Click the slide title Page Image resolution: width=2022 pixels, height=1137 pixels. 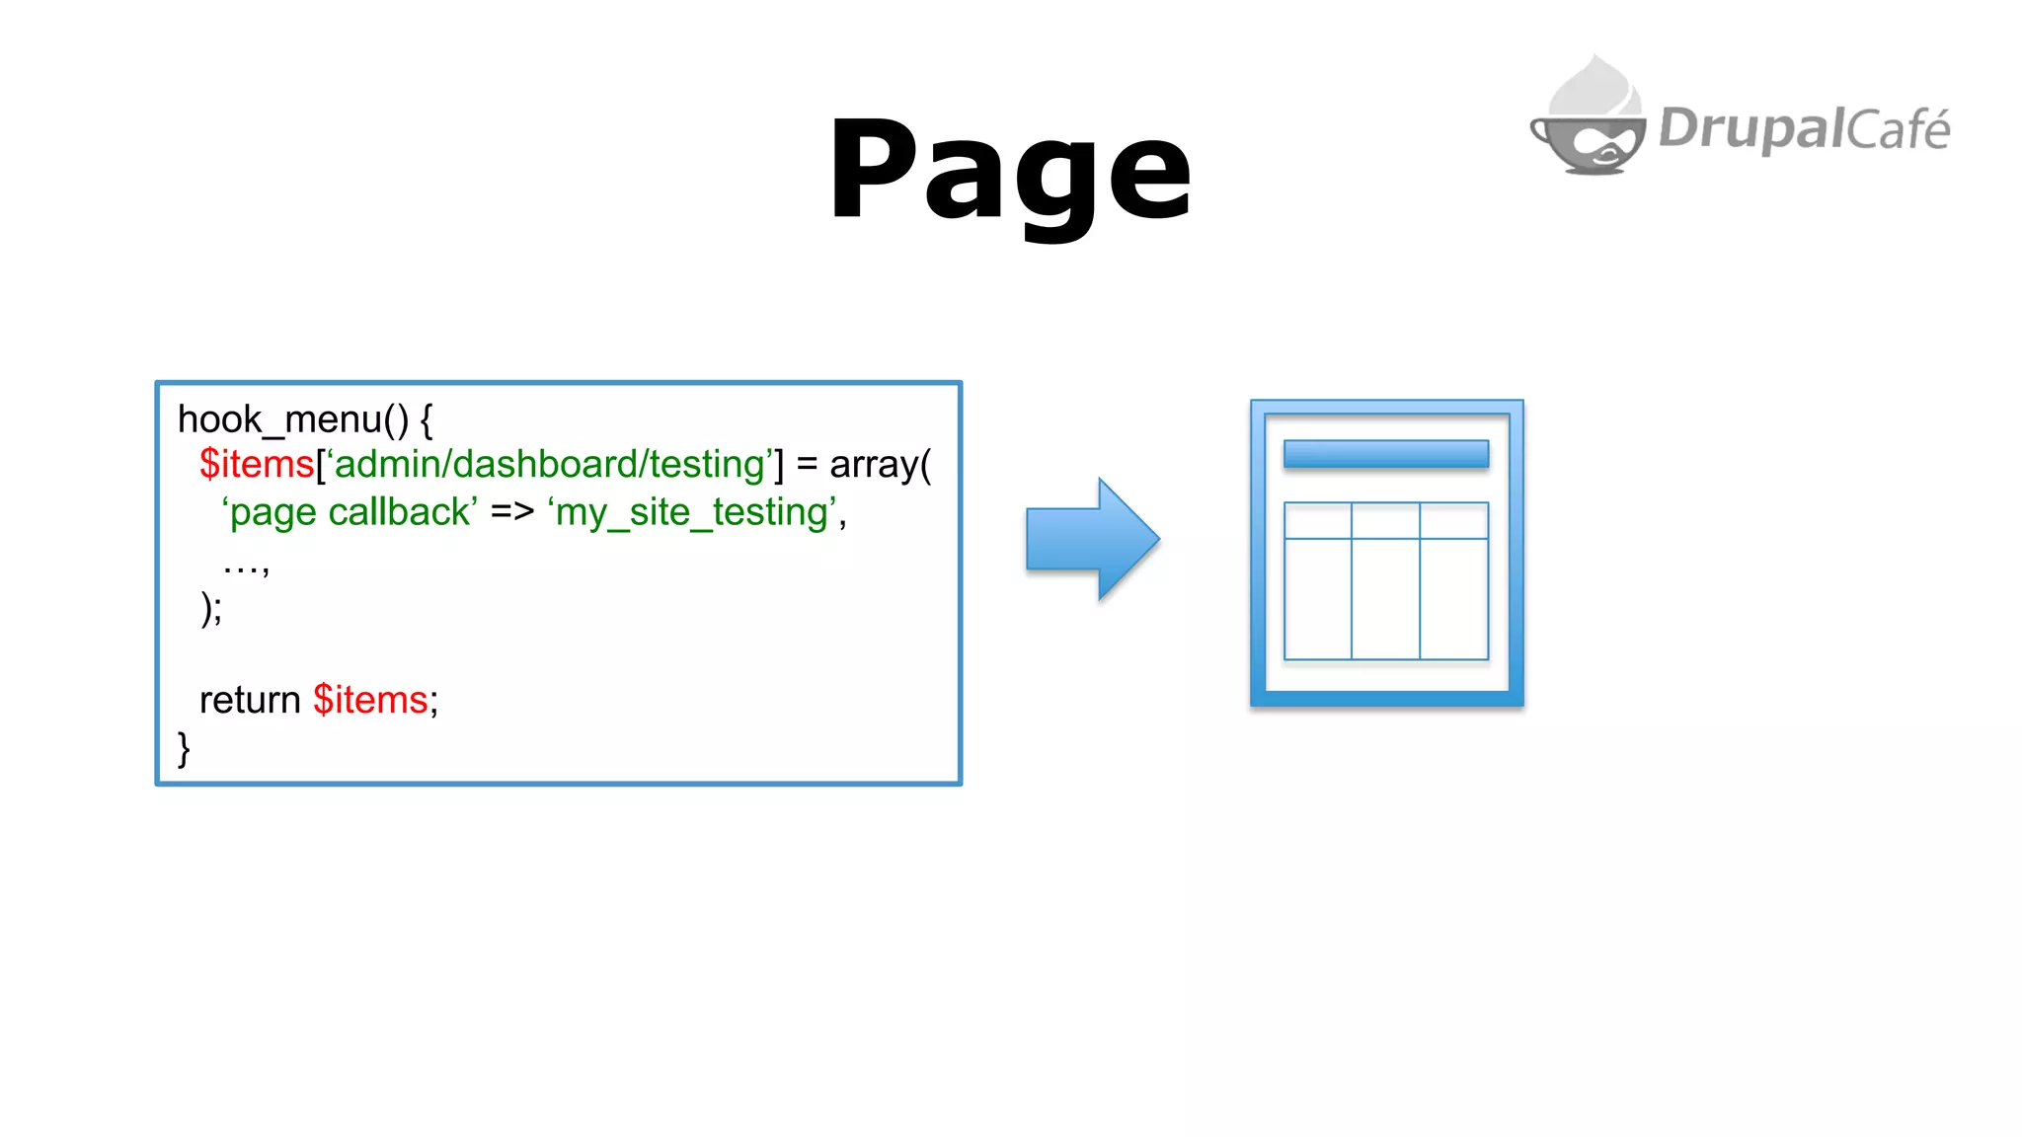coord(1010,170)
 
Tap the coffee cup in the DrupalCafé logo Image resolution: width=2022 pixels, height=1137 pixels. coord(1589,133)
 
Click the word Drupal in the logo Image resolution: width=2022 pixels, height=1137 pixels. coord(1750,129)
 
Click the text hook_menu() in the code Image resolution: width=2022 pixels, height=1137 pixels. coord(292,419)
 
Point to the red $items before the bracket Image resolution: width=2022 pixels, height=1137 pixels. coord(257,464)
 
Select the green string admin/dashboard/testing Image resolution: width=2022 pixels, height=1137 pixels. coord(550,464)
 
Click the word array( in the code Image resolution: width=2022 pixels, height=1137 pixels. coord(880,464)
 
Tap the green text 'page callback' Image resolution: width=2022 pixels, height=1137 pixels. coord(350,512)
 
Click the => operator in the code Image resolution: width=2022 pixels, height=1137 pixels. coord(511,512)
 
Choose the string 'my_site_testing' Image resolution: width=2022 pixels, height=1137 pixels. coord(692,512)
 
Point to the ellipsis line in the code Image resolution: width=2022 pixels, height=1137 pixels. coord(246,566)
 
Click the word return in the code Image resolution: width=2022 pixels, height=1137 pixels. coord(250,700)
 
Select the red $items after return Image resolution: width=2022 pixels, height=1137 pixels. coord(370,700)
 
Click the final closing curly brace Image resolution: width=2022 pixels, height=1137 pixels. coord(184,748)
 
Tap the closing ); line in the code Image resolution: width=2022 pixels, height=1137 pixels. coord(211,608)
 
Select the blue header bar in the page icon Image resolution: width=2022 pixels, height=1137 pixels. coord(1386,454)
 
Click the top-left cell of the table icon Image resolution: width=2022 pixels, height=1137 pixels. coord(1318,521)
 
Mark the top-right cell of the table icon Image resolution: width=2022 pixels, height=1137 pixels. coord(1454,521)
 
